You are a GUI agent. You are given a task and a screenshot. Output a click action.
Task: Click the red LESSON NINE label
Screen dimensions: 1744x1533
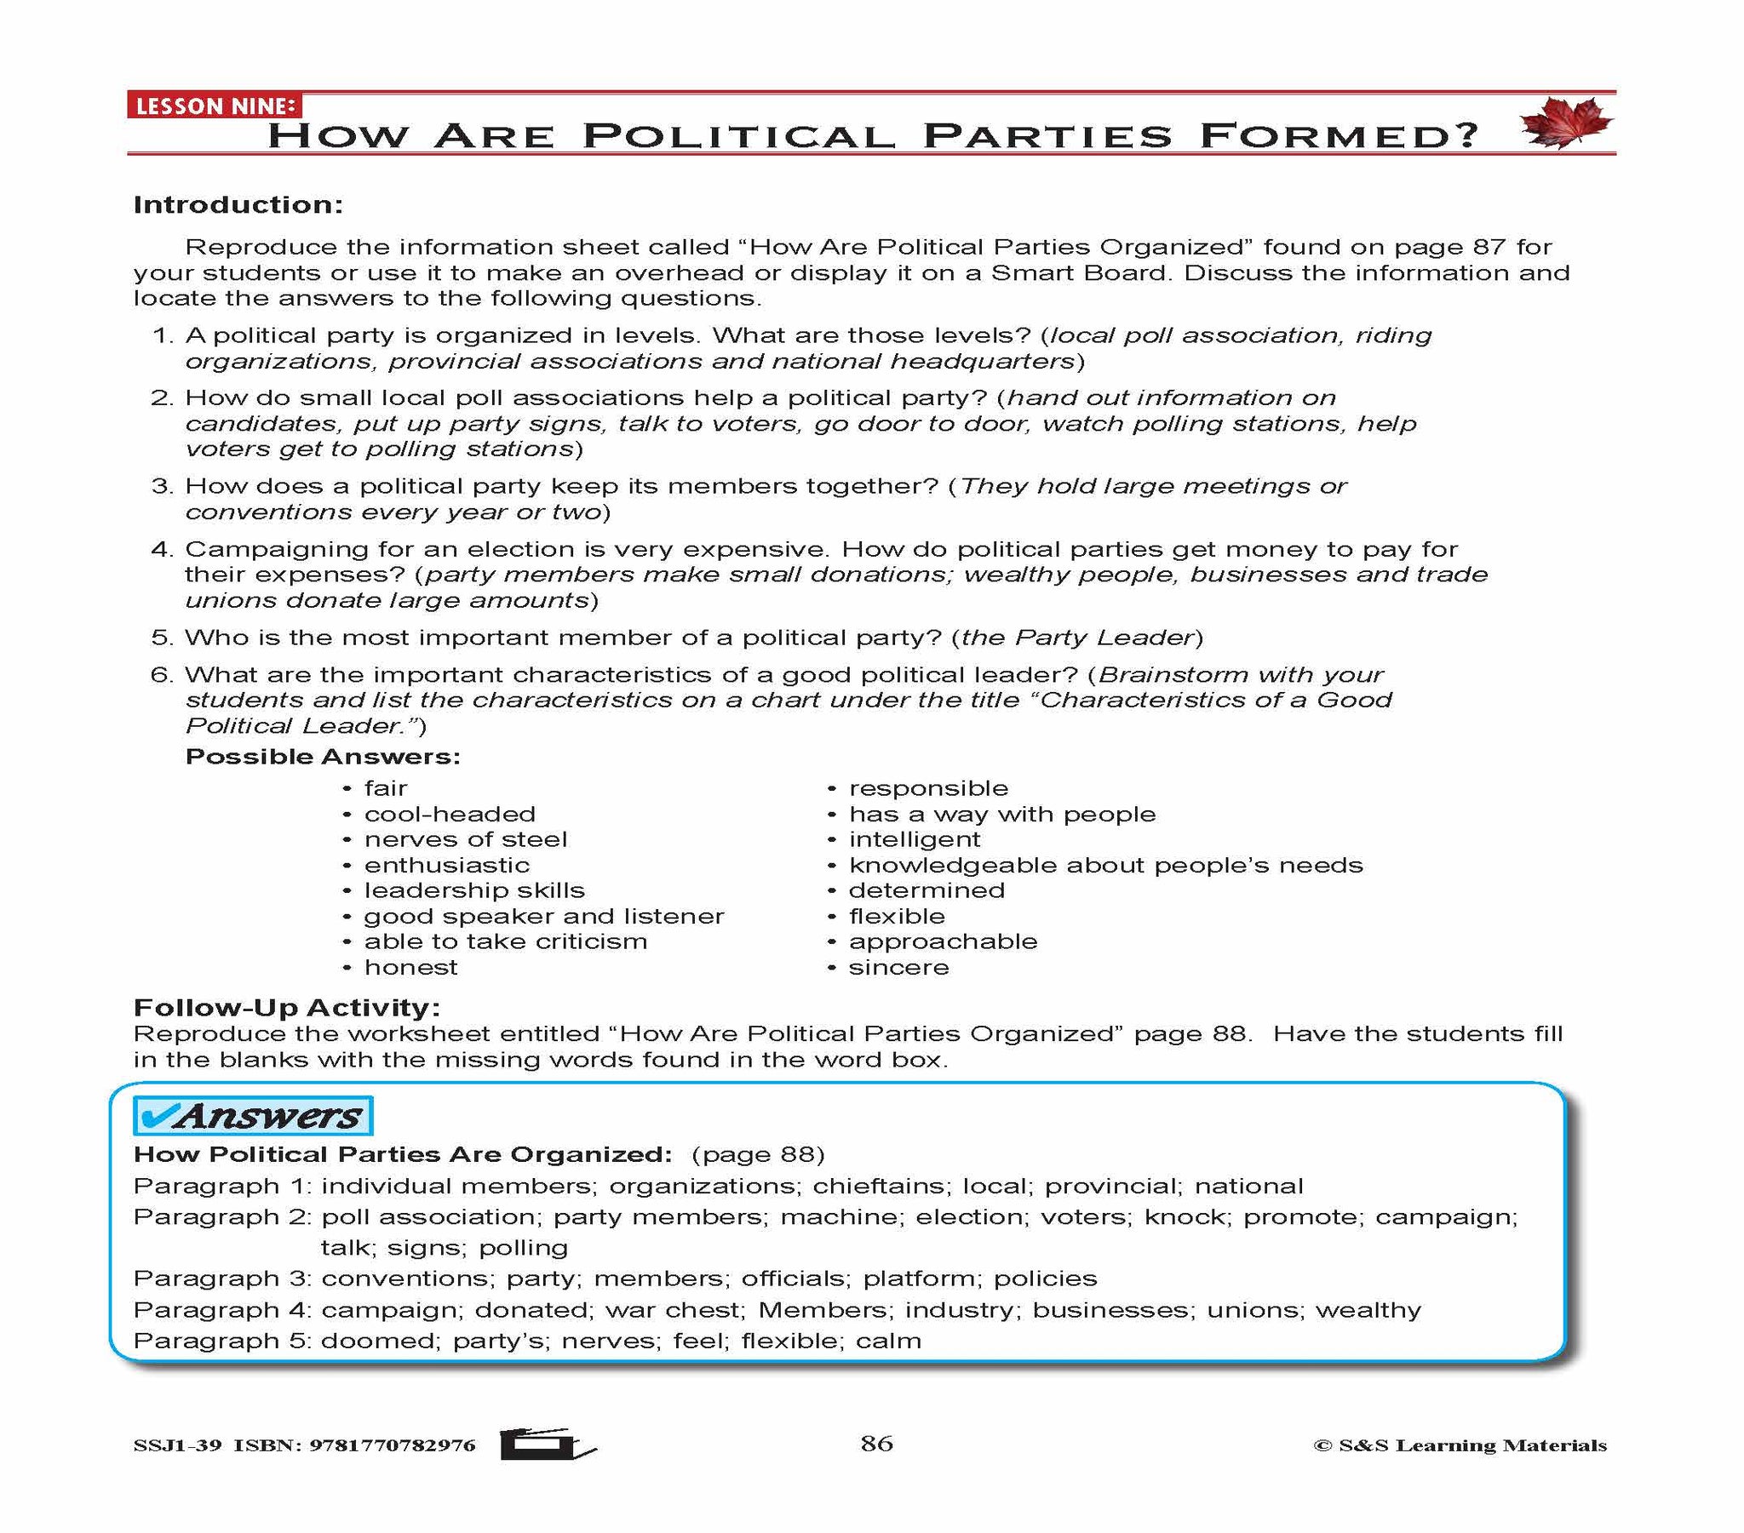click(214, 106)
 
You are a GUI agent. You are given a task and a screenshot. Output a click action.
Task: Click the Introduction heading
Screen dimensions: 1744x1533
click(238, 205)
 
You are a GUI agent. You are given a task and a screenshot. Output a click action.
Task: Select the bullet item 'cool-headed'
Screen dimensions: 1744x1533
click(450, 814)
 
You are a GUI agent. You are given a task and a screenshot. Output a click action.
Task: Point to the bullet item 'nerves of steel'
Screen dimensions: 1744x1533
click(465, 839)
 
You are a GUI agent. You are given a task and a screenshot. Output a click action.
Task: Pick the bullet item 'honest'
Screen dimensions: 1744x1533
click(410, 968)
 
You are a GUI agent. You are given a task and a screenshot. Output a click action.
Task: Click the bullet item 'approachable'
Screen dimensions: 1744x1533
click(943, 941)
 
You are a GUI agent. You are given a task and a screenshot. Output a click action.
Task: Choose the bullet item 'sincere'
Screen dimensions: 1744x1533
click(898, 968)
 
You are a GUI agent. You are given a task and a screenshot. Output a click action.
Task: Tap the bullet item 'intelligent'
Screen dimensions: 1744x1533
click(915, 839)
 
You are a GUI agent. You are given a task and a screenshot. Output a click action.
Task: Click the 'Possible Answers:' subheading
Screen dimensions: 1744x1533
click(323, 757)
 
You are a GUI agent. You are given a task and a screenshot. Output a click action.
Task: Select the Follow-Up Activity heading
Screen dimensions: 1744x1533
click(287, 1008)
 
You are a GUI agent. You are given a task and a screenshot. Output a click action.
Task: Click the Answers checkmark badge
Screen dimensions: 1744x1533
click(253, 1116)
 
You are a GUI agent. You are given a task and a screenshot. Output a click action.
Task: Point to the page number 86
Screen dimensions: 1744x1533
click(876, 1444)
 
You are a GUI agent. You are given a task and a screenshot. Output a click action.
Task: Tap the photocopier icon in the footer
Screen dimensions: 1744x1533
click(547, 1444)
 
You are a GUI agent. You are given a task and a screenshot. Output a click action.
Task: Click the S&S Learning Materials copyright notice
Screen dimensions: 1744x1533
click(1460, 1445)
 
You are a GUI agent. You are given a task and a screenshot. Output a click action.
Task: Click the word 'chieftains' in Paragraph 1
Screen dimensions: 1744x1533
click(880, 1186)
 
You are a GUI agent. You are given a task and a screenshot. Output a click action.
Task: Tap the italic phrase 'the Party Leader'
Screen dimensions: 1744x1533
click(1076, 638)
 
